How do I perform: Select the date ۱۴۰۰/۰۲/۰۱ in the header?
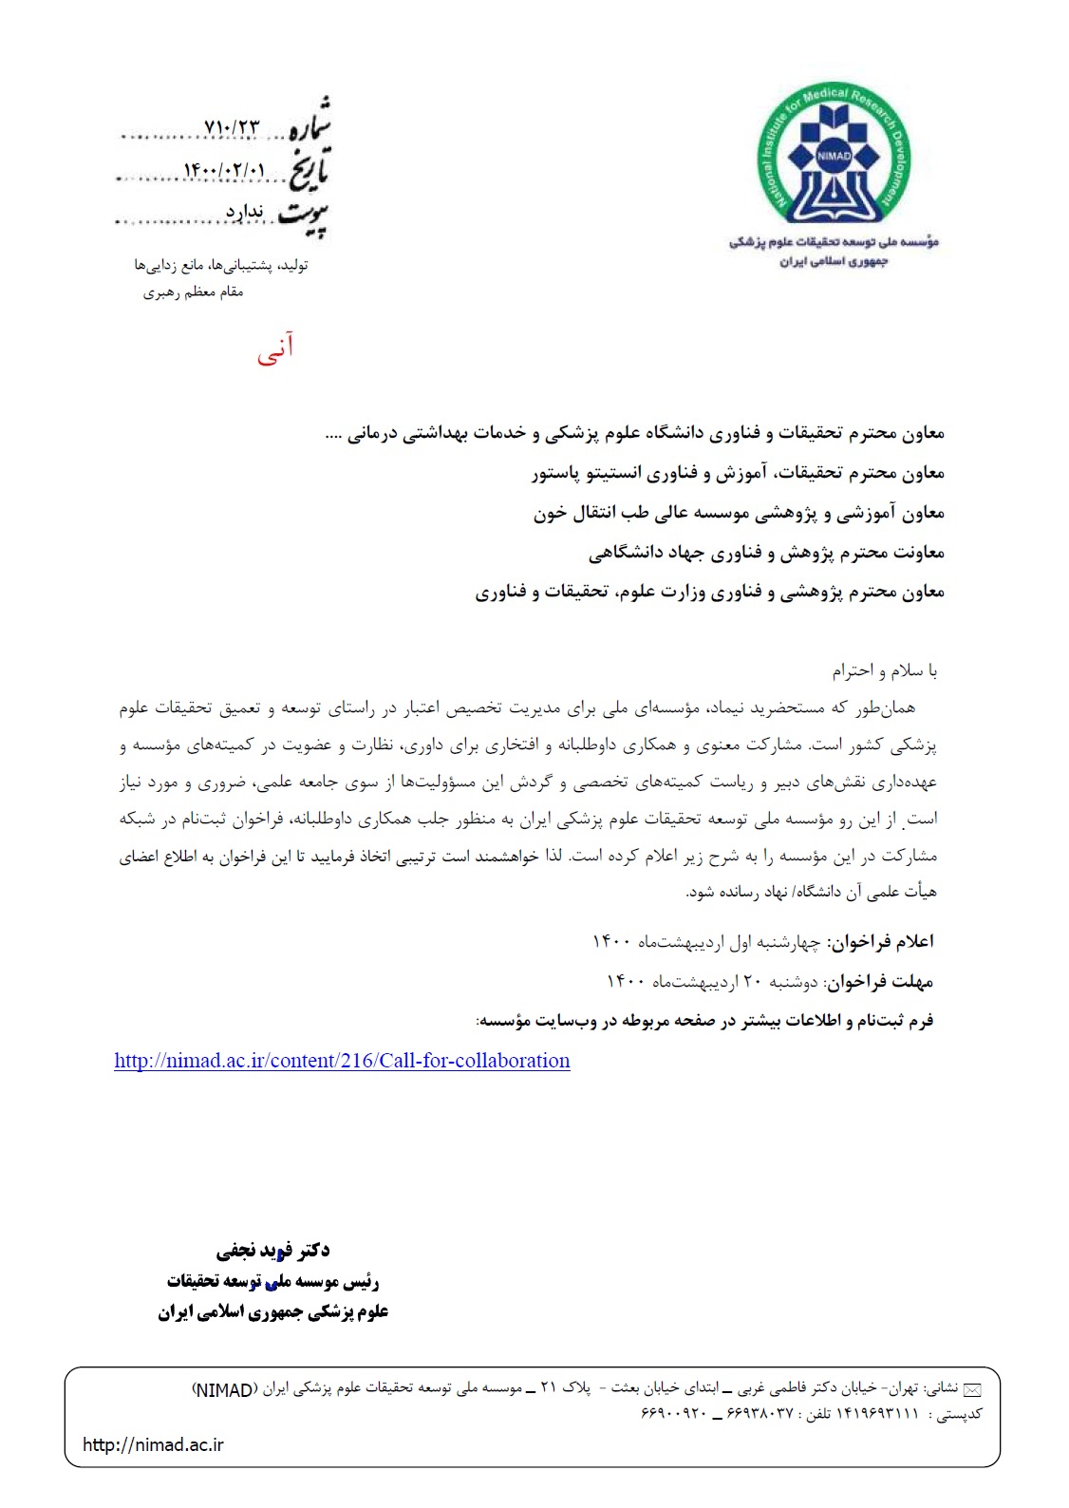point(224,171)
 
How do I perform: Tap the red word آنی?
point(275,349)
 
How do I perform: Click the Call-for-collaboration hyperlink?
point(342,1061)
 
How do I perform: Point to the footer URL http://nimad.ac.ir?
point(153,1444)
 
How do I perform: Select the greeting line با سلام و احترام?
point(885,671)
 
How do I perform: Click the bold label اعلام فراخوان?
point(880,941)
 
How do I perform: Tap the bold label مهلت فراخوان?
point(880,981)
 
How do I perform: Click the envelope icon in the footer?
point(972,1390)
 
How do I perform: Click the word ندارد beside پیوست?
point(244,211)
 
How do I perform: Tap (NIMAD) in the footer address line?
point(224,1390)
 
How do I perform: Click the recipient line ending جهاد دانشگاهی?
point(766,553)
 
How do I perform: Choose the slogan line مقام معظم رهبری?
point(194,292)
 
